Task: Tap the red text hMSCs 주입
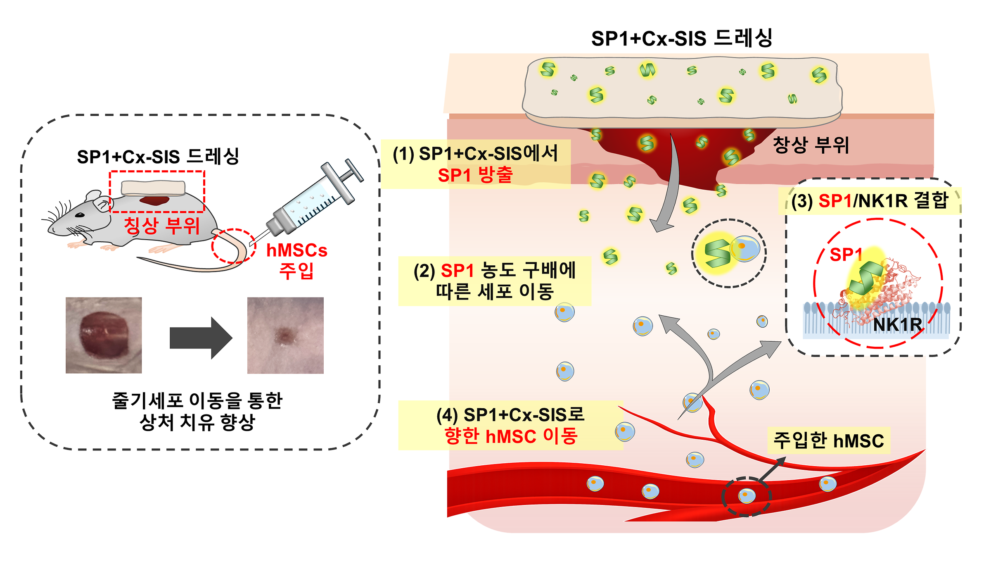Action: tap(296, 260)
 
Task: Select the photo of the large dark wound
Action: tap(104, 335)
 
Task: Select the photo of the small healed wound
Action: tap(285, 335)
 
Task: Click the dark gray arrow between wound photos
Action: tap(201, 338)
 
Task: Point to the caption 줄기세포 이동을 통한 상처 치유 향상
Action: tap(197, 411)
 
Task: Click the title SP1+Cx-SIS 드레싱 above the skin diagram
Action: tap(681, 38)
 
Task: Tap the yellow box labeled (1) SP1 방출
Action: tap(475, 164)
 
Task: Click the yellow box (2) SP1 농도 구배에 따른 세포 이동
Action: tap(494, 281)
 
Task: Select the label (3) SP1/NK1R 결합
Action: tap(870, 201)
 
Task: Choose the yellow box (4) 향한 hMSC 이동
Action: tap(510, 425)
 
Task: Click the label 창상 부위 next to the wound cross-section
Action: tap(811, 145)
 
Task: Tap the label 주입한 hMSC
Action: tap(828, 440)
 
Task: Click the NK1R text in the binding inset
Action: tap(897, 325)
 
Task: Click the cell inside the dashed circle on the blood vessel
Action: tap(747, 495)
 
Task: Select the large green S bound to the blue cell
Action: tap(717, 253)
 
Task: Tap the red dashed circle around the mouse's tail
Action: tap(234, 245)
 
